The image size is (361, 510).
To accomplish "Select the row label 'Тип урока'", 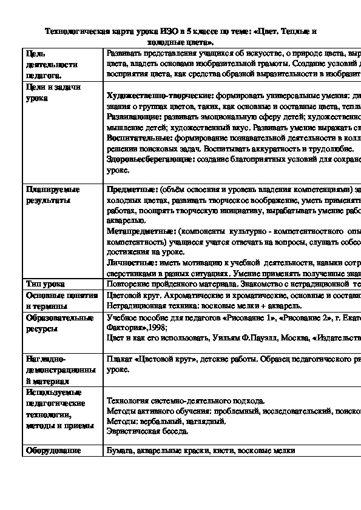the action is point(46,283).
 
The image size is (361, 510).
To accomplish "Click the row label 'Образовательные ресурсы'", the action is point(59,323).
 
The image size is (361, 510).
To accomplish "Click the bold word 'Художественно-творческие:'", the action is point(158,96).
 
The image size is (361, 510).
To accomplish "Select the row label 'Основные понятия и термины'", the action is point(61,300).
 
